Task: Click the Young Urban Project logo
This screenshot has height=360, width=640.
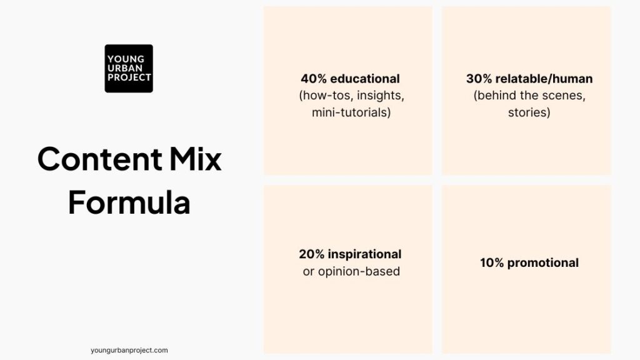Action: point(129,68)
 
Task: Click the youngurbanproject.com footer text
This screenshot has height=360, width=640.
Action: point(129,351)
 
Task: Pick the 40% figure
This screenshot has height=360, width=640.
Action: point(313,79)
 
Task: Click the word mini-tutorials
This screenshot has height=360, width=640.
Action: point(351,113)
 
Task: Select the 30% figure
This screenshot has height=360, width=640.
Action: point(479,79)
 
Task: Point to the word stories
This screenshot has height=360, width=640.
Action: point(529,113)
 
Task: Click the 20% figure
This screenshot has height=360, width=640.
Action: point(311,254)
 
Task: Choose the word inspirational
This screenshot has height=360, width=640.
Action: point(363,254)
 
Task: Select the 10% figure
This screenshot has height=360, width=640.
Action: point(492,262)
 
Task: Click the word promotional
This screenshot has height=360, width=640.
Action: point(542,262)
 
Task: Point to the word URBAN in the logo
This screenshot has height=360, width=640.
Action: point(124,68)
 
